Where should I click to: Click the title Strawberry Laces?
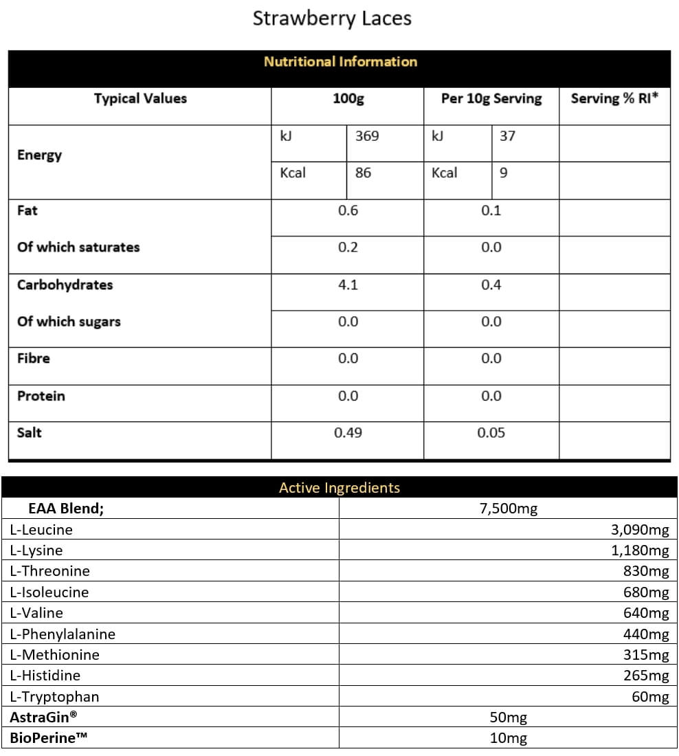332,19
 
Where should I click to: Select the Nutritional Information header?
340,62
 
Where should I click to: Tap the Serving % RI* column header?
614,98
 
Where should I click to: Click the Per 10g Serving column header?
491,98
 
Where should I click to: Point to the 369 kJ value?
367,136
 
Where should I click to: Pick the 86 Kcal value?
363,173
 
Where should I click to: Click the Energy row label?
40,155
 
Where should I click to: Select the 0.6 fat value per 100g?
348,210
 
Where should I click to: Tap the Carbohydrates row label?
65,285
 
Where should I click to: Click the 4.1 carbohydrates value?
348,285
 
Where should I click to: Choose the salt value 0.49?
348,432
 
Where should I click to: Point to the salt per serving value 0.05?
491,432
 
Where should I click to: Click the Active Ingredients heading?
339,488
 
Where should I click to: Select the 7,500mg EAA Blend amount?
509,509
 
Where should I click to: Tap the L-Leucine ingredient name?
41,529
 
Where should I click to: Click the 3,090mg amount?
639,529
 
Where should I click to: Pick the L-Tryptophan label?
55,697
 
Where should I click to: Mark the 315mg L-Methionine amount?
646,655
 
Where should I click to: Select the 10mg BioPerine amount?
509,738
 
